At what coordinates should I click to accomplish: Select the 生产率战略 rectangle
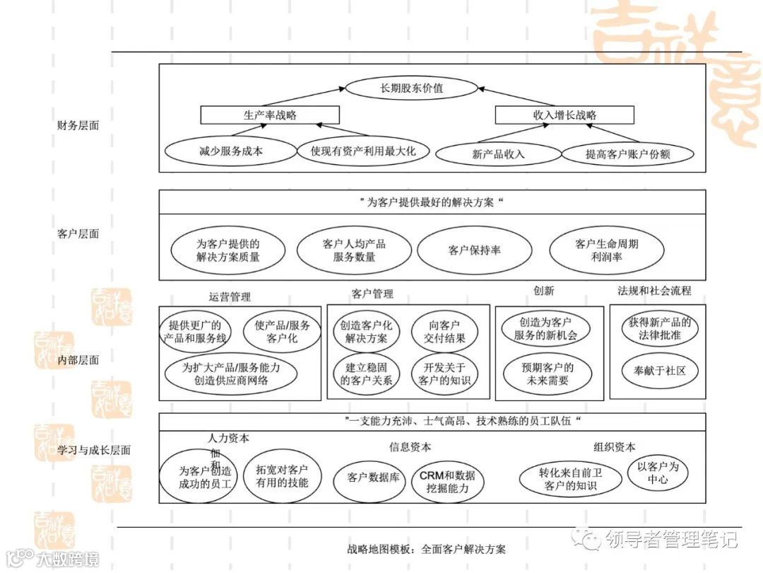tap(270, 115)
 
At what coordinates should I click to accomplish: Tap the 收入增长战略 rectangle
tap(564, 115)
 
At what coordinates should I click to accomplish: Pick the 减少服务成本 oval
tap(220, 151)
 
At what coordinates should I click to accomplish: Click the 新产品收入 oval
tap(498, 154)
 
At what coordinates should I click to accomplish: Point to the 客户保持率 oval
tap(474, 250)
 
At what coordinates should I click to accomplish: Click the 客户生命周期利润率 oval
tap(607, 250)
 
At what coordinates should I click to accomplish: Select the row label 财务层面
tap(78, 126)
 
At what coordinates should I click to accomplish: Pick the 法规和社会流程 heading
tap(655, 291)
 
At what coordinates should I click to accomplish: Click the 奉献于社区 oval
tap(659, 370)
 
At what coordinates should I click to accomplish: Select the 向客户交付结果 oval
tap(444, 332)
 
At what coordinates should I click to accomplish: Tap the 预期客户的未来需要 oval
tap(548, 374)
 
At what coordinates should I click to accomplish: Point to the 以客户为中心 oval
tap(658, 473)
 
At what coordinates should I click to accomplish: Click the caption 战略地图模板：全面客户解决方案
tap(427, 549)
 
